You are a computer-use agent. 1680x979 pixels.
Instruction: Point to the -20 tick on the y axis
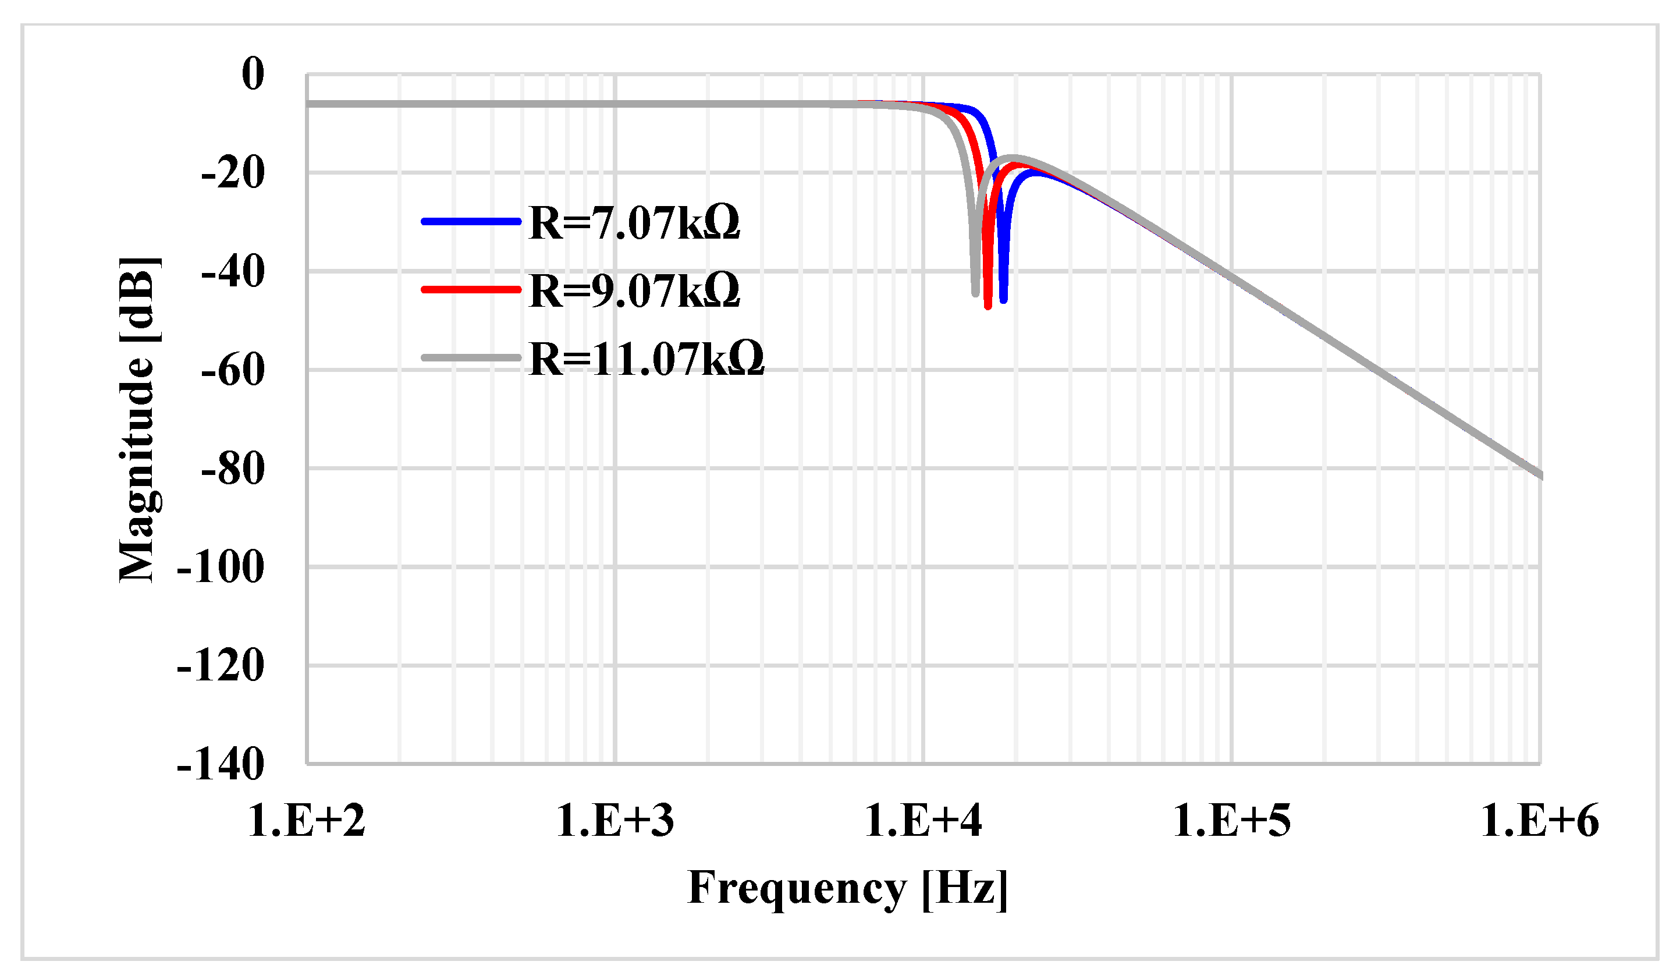(x=233, y=173)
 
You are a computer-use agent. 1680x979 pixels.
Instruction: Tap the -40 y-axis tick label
(x=233, y=271)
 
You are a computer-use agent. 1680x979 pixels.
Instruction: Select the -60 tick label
(x=233, y=370)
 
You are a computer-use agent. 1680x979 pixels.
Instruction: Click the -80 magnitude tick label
(x=233, y=469)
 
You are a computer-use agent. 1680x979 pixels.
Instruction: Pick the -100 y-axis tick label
(x=221, y=567)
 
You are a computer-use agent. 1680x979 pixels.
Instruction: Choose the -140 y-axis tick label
(x=221, y=765)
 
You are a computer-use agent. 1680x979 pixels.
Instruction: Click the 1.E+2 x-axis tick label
(x=307, y=820)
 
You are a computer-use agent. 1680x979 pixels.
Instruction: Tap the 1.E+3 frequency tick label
(x=615, y=820)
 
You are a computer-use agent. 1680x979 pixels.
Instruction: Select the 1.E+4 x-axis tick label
(x=924, y=820)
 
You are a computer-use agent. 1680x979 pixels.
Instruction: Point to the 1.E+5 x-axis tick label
(x=1231, y=820)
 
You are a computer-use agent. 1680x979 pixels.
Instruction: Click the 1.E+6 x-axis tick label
(x=1539, y=820)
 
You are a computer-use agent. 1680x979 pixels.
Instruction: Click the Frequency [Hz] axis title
(x=847, y=888)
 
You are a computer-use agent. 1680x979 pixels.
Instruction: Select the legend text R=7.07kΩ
(x=634, y=223)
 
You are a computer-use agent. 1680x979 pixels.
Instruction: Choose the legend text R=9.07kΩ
(x=634, y=291)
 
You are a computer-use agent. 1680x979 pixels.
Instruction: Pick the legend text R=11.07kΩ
(x=646, y=360)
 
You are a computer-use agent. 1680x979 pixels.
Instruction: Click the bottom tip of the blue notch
(x=1003, y=301)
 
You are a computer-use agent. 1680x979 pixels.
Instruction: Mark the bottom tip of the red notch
(x=988, y=307)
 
